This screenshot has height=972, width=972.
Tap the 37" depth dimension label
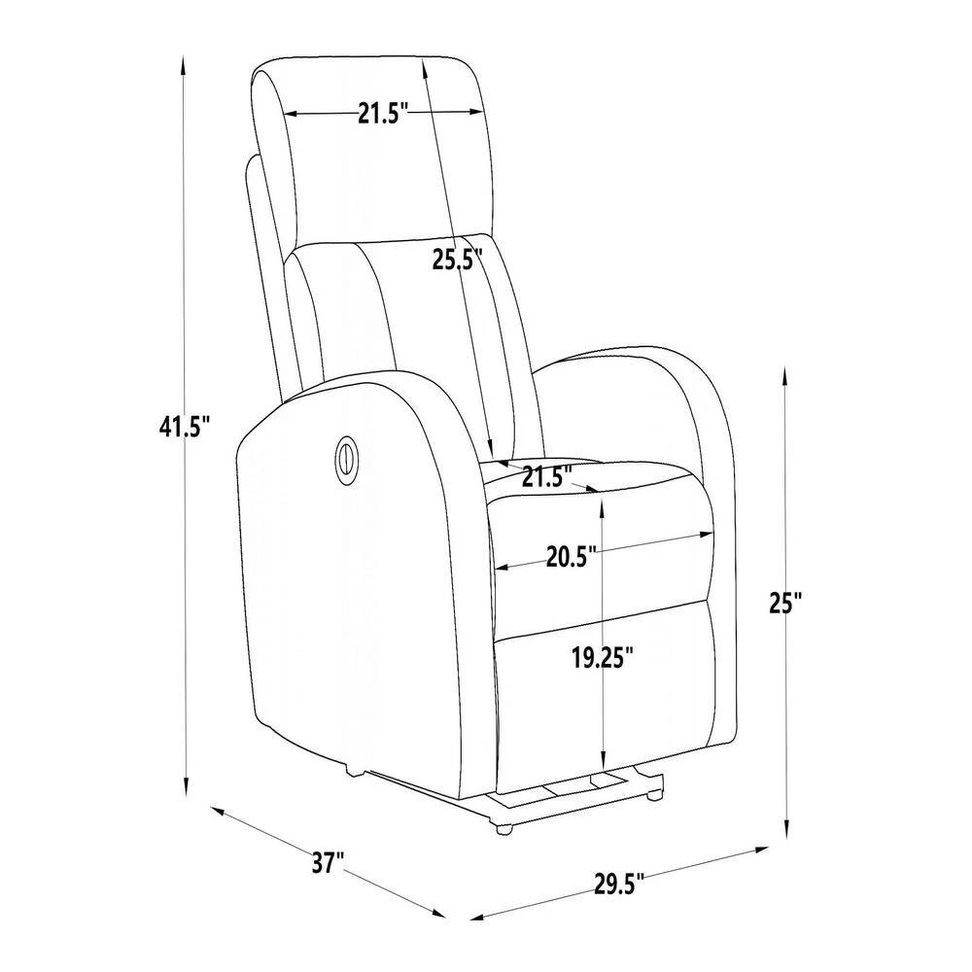click(x=328, y=861)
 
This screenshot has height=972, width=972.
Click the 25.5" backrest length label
click(x=458, y=260)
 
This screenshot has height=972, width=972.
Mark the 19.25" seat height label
click(x=603, y=658)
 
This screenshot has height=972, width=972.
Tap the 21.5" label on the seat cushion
click(x=546, y=476)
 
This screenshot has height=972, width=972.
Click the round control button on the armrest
click(x=347, y=459)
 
